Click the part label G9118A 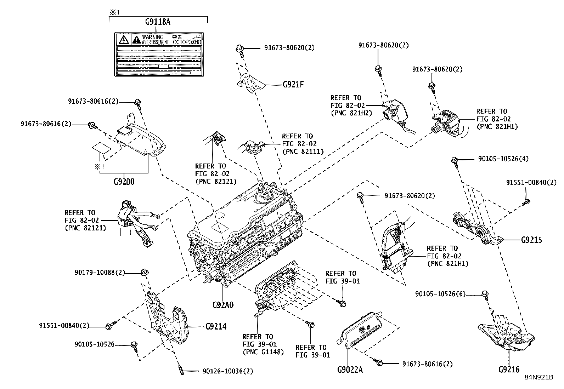[158, 22]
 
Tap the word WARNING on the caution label [153, 37]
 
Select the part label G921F [293, 85]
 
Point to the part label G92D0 [124, 182]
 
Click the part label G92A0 [223, 305]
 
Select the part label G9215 [531, 240]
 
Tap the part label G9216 [509, 370]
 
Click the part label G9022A [350, 370]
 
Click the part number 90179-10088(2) [100, 273]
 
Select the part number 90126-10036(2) [228, 371]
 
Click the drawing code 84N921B [539, 377]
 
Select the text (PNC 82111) [303, 152]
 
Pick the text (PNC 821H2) [351, 113]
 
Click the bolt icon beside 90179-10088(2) [144, 273]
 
